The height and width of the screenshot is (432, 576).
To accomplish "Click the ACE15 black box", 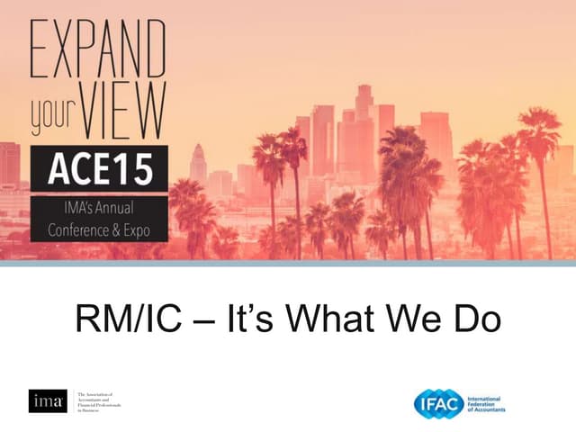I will pos(98,169).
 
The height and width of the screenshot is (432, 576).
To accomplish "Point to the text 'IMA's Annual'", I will pos(98,210).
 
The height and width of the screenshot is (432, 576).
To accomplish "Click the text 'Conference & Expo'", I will pos(98,229).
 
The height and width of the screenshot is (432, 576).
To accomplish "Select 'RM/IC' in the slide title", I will pos(132,320).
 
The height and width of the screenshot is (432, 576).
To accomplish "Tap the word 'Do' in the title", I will pos(476,320).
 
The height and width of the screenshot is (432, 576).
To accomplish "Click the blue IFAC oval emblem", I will pos(438,402).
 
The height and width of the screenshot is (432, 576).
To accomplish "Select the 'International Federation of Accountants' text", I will pos(486,402).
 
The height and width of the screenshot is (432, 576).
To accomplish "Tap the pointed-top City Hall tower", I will pos(198,166).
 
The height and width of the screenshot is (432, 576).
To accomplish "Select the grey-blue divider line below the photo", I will pos(288,264).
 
